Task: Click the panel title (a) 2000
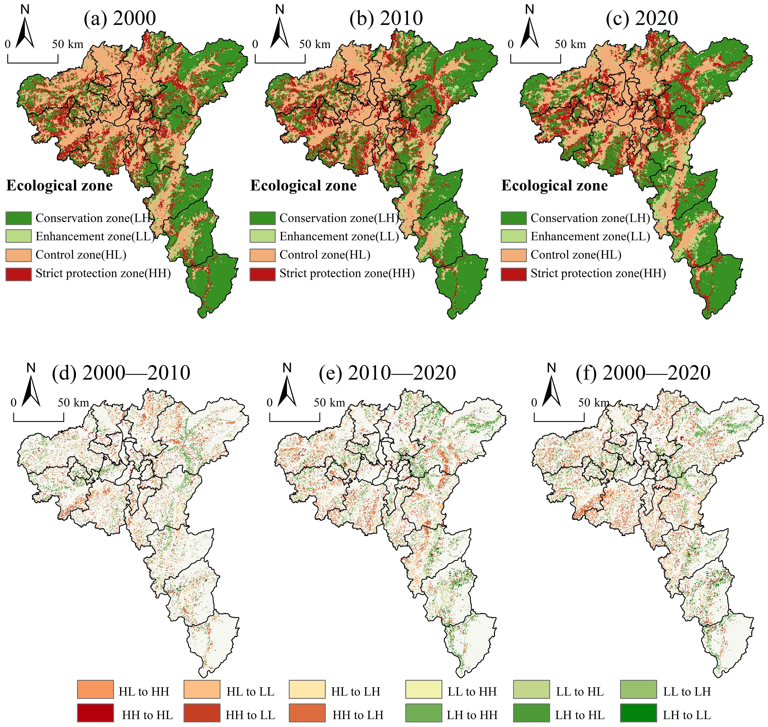(x=120, y=18)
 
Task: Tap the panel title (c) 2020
(x=642, y=18)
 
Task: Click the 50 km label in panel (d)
(x=74, y=403)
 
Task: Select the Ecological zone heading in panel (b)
(x=303, y=186)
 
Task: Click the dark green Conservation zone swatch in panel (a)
(x=18, y=218)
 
